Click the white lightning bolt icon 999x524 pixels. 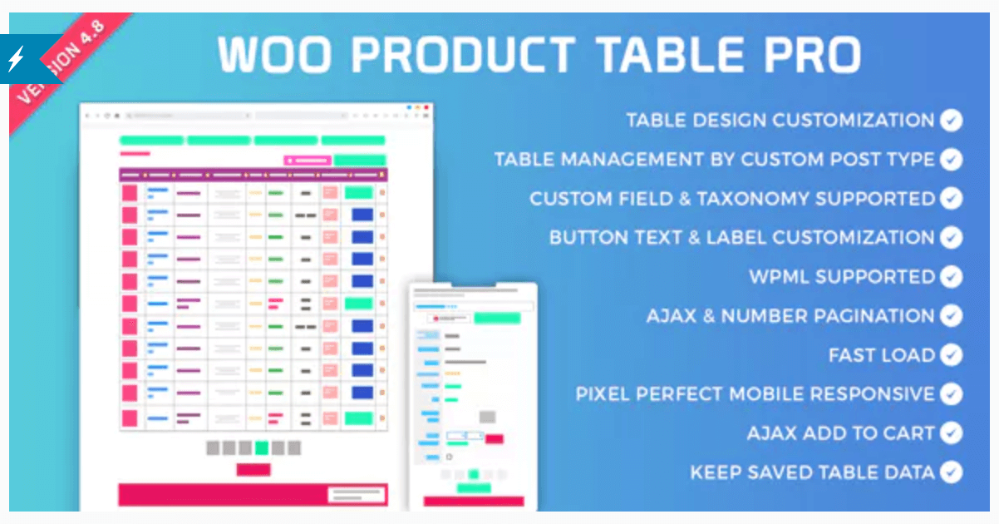pyautogui.click(x=17, y=58)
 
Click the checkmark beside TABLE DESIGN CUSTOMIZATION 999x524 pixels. pyautogui.click(x=952, y=121)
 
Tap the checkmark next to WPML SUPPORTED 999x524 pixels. pyautogui.click(x=952, y=277)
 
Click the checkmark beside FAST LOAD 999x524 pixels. pyautogui.click(x=952, y=355)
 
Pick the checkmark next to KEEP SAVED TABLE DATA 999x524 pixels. pyautogui.click(x=952, y=472)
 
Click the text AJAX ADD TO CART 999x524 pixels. pyautogui.click(x=841, y=433)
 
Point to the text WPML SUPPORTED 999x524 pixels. pyautogui.click(x=842, y=277)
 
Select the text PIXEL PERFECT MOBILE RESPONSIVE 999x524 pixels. pyautogui.click(x=755, y=394)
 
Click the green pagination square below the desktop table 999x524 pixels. pyautogui.click(x=262, y=447)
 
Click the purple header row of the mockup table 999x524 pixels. pyautogui.click(x=253, y=175)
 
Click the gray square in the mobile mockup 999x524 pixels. pyautogui.click(x=488, y=417)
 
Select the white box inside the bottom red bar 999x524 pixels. pyautogui.click(x=357, y=495)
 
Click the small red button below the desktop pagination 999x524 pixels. pyautogui.click(x=253, y=470)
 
